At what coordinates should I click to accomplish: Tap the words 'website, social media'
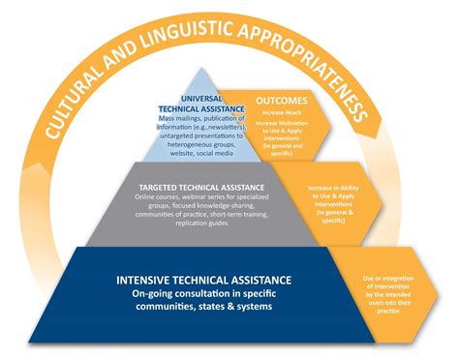click(194, 152)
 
